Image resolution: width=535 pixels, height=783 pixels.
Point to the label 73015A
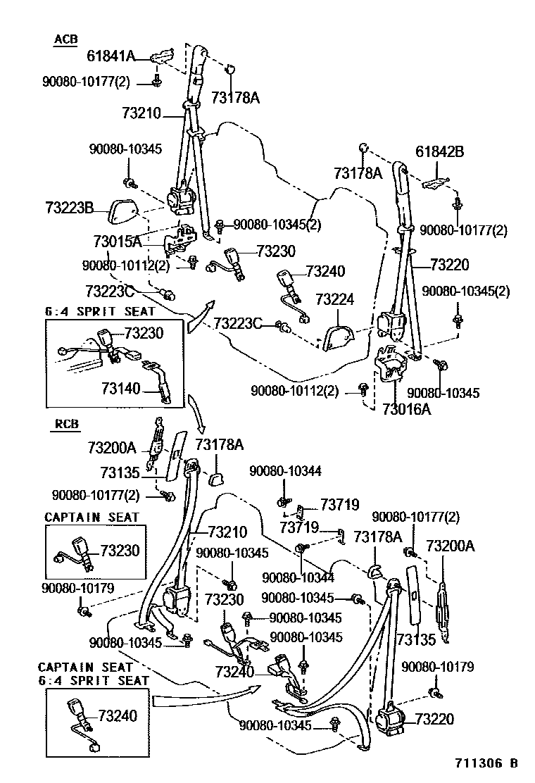click(117, 242)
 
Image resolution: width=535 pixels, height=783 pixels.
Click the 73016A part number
click(406, 408)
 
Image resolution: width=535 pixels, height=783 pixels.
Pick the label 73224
click(334, 299)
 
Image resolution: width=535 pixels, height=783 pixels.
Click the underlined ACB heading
click(65, 39)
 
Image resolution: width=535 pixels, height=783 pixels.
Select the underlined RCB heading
click(66, 424)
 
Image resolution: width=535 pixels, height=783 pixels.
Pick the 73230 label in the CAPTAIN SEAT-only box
click(120, 550)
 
